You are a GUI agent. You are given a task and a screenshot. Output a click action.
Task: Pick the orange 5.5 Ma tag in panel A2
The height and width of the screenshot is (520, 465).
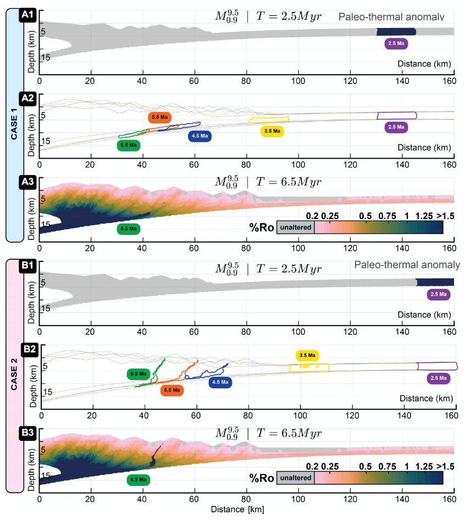point(160,118)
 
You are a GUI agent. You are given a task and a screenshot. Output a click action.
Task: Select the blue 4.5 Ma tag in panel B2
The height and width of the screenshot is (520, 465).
point(220,382)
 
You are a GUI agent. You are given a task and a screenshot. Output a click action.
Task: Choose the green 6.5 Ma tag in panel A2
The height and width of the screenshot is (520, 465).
point(129,146)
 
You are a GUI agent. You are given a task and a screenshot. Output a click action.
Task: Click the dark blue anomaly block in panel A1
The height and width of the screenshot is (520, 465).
point(392,32)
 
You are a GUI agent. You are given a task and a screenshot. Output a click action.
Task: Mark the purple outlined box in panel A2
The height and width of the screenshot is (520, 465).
point(396,115)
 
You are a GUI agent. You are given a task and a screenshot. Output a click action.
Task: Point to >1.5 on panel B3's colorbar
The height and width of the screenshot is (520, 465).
point(445,466)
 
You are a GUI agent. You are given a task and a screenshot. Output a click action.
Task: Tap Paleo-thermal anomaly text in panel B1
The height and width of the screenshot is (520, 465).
point(407,265)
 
